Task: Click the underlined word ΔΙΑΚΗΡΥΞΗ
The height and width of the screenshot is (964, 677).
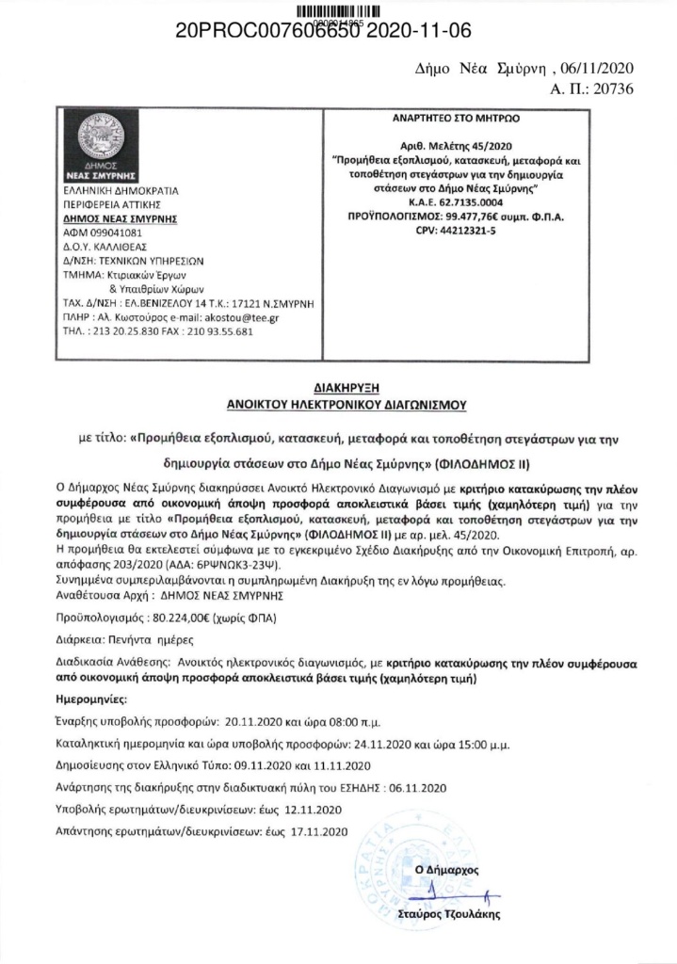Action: [x=338, y=386]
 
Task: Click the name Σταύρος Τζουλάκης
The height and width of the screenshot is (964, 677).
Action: [x=462, y=913]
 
